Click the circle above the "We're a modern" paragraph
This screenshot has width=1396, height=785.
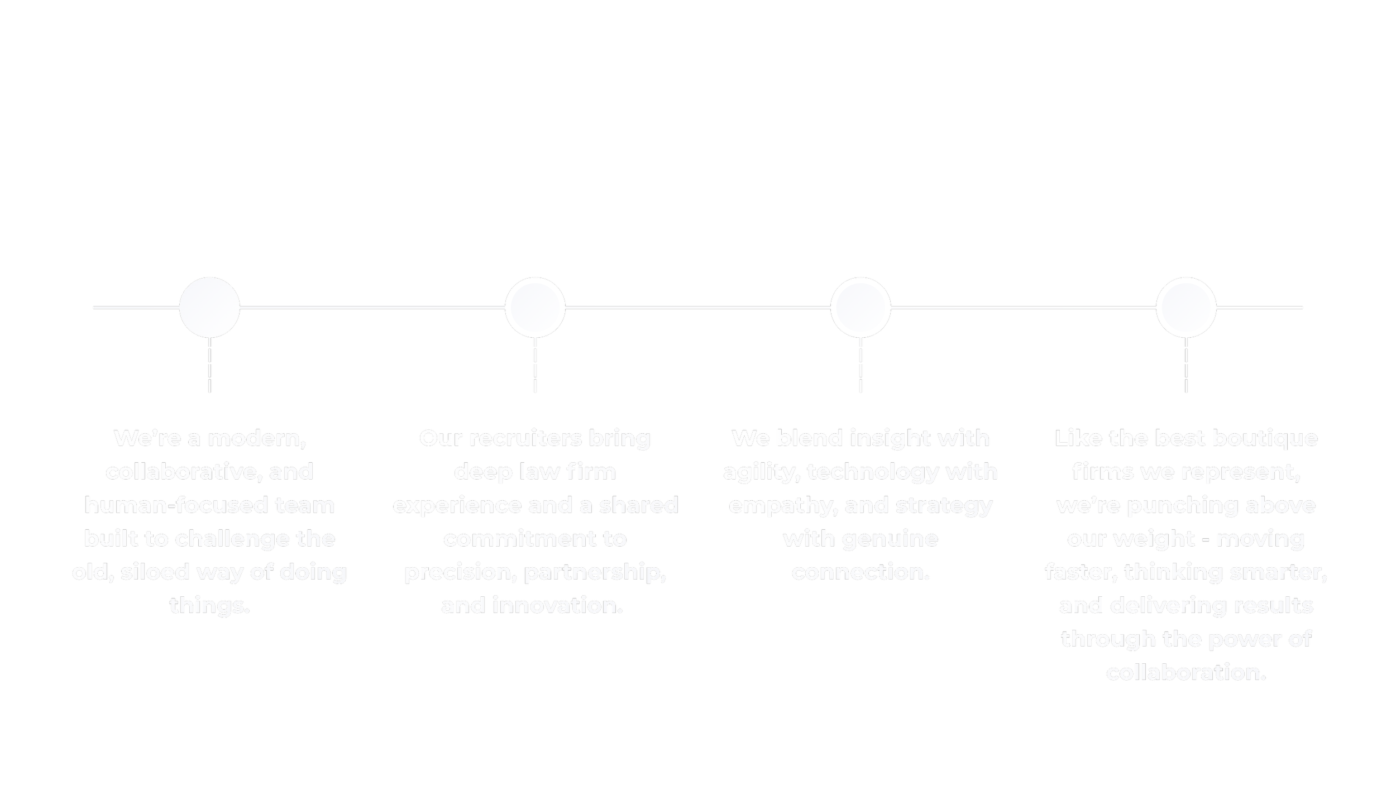(x=209, y=307)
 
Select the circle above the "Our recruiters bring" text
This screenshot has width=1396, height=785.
(x=535, y=307)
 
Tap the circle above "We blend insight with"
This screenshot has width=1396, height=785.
(x=860, y=307)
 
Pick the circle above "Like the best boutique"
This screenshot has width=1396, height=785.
(x=1186, y=307)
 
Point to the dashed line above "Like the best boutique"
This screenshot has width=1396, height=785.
(x=1186, y=366)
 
